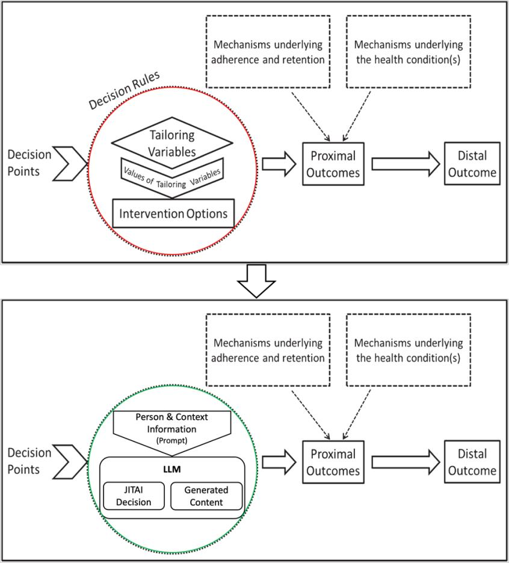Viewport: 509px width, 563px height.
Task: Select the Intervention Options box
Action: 173,214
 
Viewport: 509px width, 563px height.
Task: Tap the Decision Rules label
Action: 123,90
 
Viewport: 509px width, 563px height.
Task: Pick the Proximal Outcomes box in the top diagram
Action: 333,164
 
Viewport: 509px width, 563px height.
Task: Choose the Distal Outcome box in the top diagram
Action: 472,164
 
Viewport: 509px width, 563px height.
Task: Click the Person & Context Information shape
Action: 174,428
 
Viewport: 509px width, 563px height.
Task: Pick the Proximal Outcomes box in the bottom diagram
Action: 333,463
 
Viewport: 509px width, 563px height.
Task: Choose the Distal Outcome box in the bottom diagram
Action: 472,463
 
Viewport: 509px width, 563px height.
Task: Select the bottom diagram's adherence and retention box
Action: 269,350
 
